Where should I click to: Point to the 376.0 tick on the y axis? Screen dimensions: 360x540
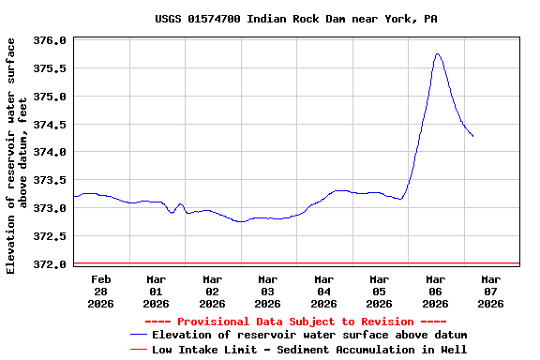(x=49, y=40)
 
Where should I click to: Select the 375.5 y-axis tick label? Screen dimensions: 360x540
(x=49, y=68)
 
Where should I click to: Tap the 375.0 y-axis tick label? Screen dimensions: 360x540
(x=49, y=97)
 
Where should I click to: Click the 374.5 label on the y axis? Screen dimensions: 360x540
(x=49, y=125)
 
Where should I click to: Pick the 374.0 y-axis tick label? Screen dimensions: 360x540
(x=49, y=152)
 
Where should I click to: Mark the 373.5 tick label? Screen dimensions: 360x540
(x=49, y=180)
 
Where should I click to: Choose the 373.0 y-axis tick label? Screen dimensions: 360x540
(x=49, y=208)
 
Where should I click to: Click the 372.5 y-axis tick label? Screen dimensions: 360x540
(x=49, y=236)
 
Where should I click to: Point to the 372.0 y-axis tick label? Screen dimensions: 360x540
(x=49, y=263)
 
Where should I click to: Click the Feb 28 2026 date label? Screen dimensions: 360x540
(x=101, y=291)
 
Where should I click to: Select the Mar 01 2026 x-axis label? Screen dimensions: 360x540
(x=157, y=291)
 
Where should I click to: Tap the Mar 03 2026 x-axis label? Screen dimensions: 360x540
(x=268, y=291)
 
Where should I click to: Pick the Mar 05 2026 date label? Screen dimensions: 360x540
(x=379, y=291)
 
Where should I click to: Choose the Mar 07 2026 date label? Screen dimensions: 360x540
(x=490, y=291)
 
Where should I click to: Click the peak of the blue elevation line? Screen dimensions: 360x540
(x=438, y=54)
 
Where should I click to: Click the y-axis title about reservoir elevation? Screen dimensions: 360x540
(x=17, y=156)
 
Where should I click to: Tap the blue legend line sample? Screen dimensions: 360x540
(x=138, y=335)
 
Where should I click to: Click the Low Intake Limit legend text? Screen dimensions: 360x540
(x=309, y=349)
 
